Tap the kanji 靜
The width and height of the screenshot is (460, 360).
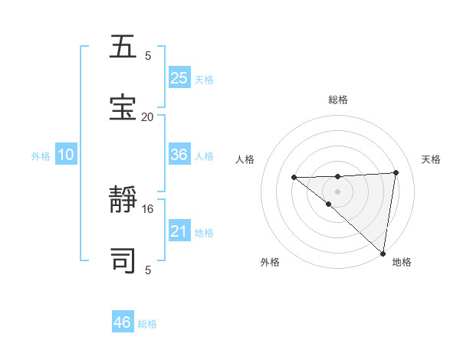(x=123, y=201)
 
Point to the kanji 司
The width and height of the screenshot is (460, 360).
(x=123, y=260)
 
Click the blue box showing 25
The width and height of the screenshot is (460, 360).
(x=179, y=78)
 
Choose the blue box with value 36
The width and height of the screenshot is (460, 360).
(x=179, y=155)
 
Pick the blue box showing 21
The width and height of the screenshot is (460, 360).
(x=179, y=231)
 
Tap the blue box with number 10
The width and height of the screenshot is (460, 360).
(x=66, y=155)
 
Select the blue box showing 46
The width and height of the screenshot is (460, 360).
(x=123, y=322)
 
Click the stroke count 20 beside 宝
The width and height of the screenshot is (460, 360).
(x=147, y=116)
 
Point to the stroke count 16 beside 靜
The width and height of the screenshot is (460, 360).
(x=147, y=208)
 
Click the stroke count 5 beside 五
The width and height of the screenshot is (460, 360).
(x=148, y=55)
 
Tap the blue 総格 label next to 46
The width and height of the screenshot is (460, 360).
(x=147, y=324)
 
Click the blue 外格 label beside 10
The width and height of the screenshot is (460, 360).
(x=41, y=156)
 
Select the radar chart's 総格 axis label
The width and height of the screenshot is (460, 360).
(x=337, y=100)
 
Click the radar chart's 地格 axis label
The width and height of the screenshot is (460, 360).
(x=402, y=263)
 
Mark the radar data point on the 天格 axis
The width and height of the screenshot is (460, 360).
(x=396, y=173)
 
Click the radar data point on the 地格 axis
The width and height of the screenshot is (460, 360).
(x=383, y=254)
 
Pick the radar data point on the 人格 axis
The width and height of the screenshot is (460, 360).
(x=294, y=178)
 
